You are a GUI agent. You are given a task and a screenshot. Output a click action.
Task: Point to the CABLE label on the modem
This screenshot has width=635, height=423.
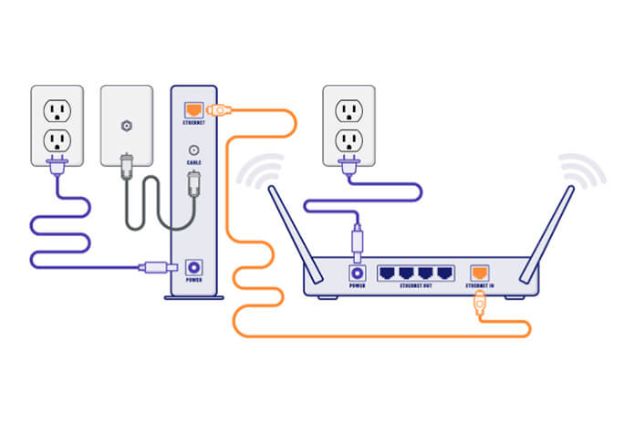pos(194,163)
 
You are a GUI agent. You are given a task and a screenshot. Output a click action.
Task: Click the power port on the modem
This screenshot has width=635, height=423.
pos(194,267)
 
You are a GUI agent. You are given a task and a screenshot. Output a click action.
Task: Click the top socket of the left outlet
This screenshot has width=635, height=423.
pos(57,109)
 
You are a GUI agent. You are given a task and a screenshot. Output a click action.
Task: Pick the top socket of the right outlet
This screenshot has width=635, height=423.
pos(347,109)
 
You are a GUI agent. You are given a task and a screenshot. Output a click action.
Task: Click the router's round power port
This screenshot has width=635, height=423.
pos(357,272)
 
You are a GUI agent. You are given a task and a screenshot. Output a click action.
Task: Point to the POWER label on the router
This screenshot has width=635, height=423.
pos(357,286)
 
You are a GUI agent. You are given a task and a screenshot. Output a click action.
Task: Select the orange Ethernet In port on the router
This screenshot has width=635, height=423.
pos(478,272)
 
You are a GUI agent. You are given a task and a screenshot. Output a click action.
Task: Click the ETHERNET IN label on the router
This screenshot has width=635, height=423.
pos(478,286)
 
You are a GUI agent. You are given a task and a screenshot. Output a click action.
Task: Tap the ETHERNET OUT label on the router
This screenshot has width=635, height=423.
pos(419,286)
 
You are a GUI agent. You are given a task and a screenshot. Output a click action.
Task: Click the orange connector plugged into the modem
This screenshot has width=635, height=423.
pos(219,110)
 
